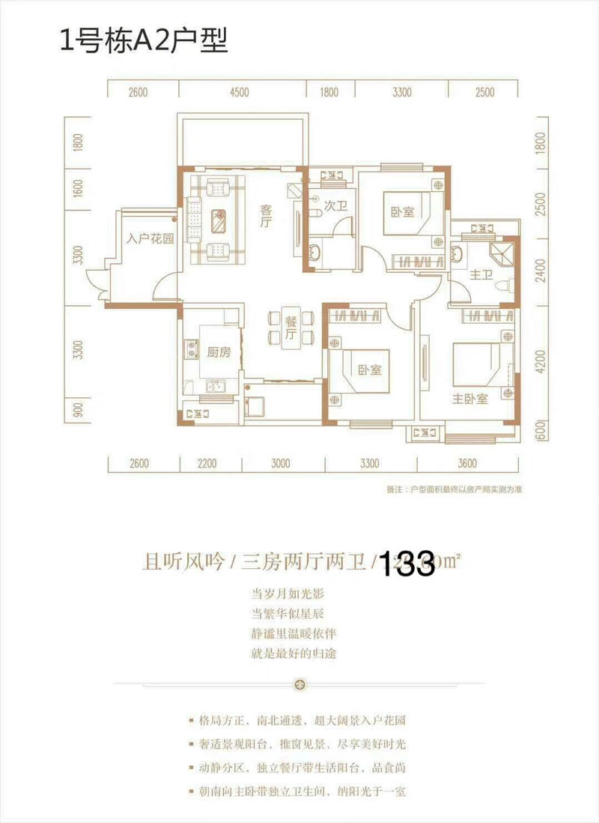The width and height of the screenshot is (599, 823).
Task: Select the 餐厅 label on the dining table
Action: (x=291, y=328)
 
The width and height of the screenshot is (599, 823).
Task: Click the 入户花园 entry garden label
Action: (x=150, y=240)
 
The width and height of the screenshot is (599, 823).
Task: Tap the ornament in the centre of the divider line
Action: (x=300, y=684)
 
